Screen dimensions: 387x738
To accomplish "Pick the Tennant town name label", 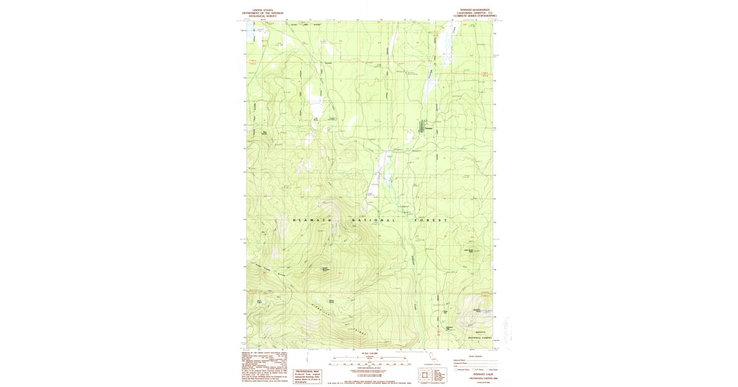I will [x=429, y=128].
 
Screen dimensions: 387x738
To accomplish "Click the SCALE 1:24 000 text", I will [x=369, y=353].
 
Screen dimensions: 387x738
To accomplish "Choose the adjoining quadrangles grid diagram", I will [x=424, y=375].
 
